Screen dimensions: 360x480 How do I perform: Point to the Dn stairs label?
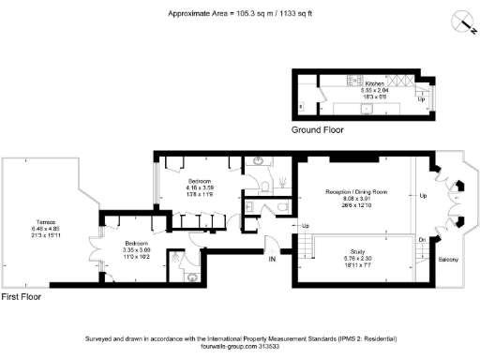click(423, 241)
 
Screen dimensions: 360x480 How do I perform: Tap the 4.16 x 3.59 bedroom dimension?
click(200, 187)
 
